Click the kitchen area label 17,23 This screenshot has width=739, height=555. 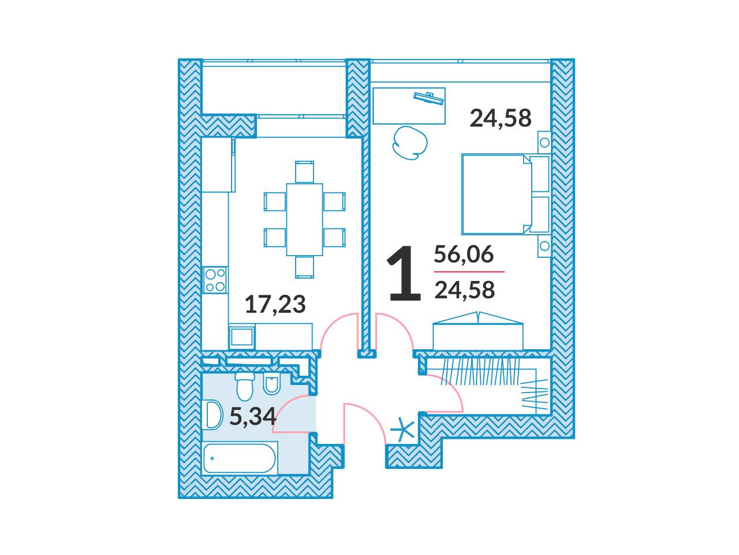point(275,304)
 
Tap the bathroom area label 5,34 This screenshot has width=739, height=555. point(253,416)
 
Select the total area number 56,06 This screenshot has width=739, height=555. point(464,254)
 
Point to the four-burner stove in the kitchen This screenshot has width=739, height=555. point(215,280)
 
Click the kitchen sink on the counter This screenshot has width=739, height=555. point(242,336)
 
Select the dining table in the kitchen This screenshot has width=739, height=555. point(304,220)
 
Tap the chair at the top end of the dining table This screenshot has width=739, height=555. point(304,172)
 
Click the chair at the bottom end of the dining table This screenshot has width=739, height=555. point(304,267)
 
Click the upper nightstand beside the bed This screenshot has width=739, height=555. point(544,143)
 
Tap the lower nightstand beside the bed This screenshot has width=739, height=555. point(544,246)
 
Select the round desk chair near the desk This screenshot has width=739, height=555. point(410,143)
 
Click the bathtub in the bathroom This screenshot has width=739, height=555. point(240,458)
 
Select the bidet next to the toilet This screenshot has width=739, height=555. point(271,384)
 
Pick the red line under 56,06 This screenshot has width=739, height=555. point(469,271)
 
